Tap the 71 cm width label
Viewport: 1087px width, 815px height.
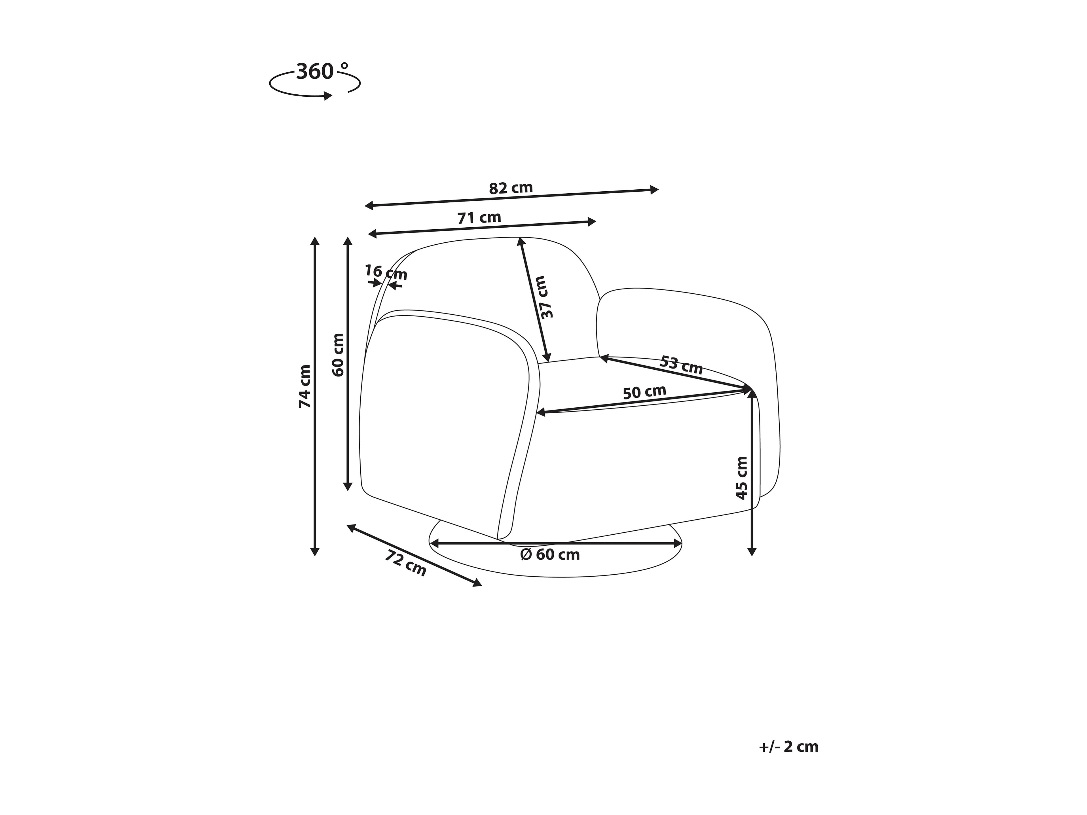[479, 218]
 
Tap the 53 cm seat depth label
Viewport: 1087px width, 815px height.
[681, 365]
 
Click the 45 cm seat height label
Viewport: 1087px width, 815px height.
[742, 477]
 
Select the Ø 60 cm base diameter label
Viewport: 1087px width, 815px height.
[550, 555]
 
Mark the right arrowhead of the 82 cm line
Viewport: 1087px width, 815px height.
[655, 190]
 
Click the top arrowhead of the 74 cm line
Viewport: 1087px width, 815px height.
[315, 241]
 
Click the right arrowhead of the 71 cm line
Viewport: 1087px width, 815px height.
[592, 222]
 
